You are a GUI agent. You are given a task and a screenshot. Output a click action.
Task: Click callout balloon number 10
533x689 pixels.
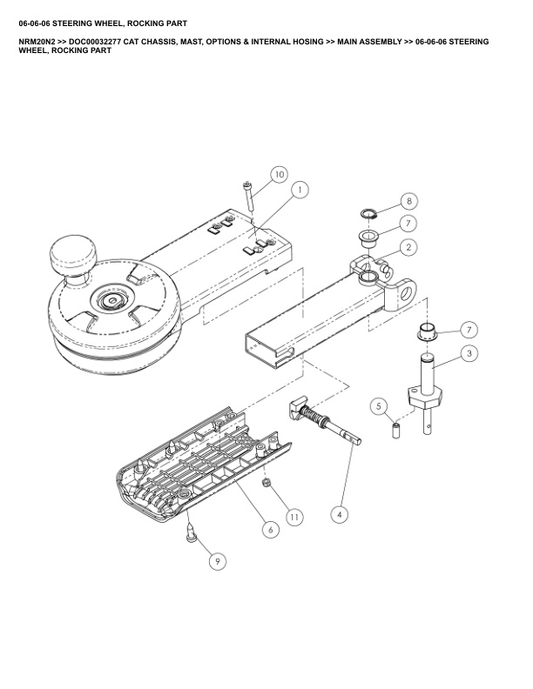point(280,175)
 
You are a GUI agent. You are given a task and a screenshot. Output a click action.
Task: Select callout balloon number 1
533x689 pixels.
point(300,190)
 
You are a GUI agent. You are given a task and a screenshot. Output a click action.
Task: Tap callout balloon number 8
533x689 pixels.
point(409,201)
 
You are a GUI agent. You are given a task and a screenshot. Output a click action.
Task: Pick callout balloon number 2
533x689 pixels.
point(408,247)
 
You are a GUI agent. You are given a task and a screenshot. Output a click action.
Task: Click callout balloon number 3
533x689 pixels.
point(469,353)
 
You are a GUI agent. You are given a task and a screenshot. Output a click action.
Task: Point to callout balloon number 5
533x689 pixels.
point(379,406)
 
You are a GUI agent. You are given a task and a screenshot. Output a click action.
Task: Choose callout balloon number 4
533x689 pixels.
point(339,514)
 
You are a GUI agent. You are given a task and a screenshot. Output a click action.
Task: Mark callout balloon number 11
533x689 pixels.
point(293,517)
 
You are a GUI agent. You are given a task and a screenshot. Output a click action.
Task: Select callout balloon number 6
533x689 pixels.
point(270,529)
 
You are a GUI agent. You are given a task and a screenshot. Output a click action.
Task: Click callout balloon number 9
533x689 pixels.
point(217,561)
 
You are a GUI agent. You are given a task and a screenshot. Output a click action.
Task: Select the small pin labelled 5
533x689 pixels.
point(395,429)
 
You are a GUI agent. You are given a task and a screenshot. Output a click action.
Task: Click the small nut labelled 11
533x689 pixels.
point(266,483)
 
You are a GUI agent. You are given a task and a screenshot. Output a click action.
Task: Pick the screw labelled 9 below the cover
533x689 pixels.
point(192,532)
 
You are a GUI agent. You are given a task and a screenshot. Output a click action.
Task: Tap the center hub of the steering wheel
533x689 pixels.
point(112,300)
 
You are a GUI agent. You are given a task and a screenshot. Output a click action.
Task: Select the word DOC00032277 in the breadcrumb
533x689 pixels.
point(94,42)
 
